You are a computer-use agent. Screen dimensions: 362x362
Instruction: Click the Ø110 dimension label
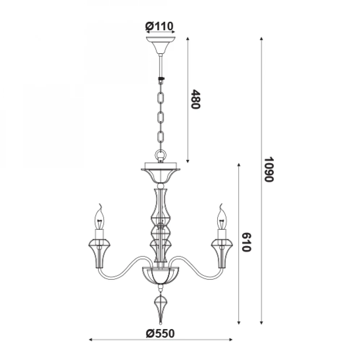[159, 26]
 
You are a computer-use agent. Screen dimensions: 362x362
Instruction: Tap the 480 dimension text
[195, 99]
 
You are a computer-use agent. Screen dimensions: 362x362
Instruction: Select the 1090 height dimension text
[269, 169]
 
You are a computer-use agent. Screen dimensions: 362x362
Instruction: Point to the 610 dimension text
[246, 242]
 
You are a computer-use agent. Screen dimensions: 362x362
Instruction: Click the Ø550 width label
[160, 333]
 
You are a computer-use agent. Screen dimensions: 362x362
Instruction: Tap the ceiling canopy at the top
[161, 45]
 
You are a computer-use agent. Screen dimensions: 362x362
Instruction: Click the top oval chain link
[161, 98]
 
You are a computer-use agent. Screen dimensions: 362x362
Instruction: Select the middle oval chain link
[161, 118]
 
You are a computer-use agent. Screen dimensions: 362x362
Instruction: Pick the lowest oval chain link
[161, 137]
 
